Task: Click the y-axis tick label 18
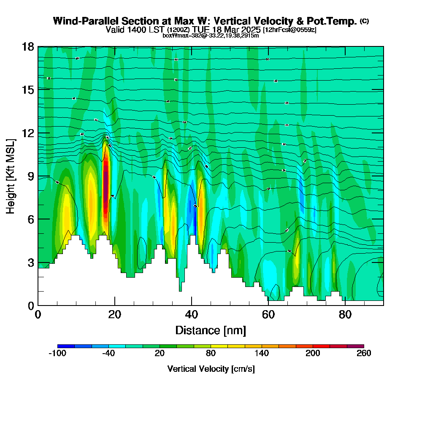coord(28,46)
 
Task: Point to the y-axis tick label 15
coord(28,89)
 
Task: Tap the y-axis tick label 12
coord(28,133)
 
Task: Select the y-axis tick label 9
coord(30,176)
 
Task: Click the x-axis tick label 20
coord(115,314)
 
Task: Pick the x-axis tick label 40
coord(192,314)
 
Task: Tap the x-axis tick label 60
coord(268,314)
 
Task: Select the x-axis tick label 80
coord(345,314)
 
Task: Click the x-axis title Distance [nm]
coord(211,330)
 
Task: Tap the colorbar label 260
coord(364,354)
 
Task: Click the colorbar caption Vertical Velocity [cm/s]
coord(211,369)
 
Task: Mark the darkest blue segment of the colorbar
coord(66,346)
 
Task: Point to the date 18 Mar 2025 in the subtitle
coord(237,30)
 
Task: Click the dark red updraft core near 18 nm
coord(105,186)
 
